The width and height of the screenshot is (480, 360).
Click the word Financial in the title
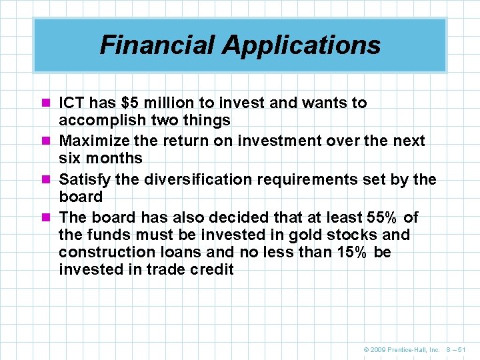(157, 45)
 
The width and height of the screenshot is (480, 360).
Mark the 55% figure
(383, 217)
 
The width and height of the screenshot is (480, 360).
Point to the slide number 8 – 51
(458, 349)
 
